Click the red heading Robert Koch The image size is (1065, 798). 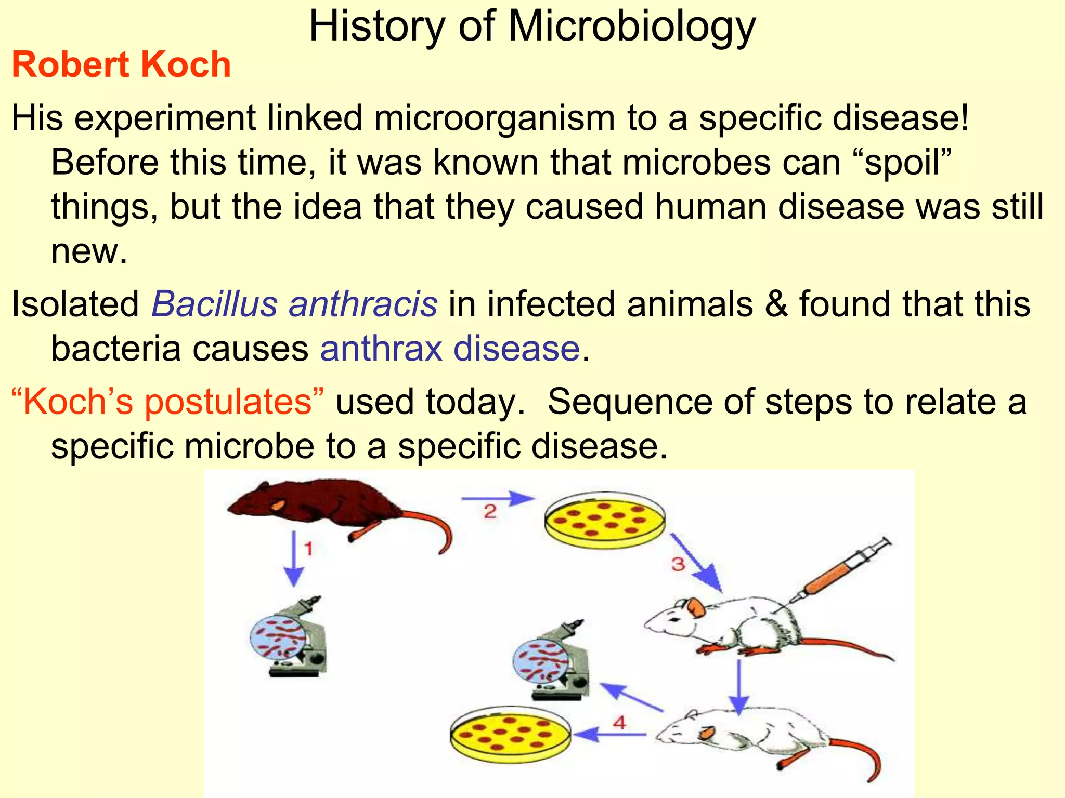click(x=121, y=65)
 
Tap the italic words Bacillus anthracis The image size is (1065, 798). click(x=294, y=304)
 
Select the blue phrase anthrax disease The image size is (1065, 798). click(x=450, y=348)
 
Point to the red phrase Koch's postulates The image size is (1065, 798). click(x=167, y=402)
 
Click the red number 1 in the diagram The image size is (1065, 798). click(x=308, y=549)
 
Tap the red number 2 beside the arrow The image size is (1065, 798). click(x=490, y=512)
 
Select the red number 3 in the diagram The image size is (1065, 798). click(x=678, y=564)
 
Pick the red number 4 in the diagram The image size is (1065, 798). click(x=619, y=722)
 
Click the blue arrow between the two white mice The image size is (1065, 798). click(x=738, y=686)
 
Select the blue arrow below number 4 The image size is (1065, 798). click(x=611, y=735)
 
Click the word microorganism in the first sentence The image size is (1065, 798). click(x=494, y=118)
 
